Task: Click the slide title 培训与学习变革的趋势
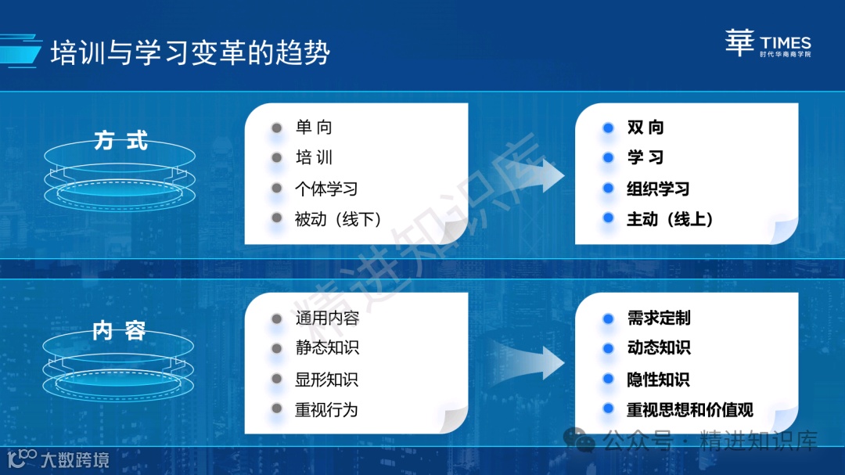(x=190, y=52)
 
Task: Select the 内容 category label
(x=119, y=330)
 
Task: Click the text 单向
(x=314, y=128)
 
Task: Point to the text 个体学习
(x=326, y=189)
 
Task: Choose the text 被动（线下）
(x=338, y=219)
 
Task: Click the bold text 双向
(x=645, y=128)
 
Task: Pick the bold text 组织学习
(x=658, y=189)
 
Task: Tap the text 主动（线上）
(x=670, y=219)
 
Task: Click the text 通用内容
(x=327, y=318)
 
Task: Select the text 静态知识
(x=327, y=348)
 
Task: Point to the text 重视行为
(x=326, y=409)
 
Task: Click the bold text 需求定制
(x=659, y=318)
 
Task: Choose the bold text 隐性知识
(x=658, y=380)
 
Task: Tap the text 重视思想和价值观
(x=689, y=409)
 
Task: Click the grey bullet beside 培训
(x=276, y=158)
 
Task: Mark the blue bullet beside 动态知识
(x=608, y=348)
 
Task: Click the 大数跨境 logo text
(x=75, y=459)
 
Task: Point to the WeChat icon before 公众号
(x=580, y=441)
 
